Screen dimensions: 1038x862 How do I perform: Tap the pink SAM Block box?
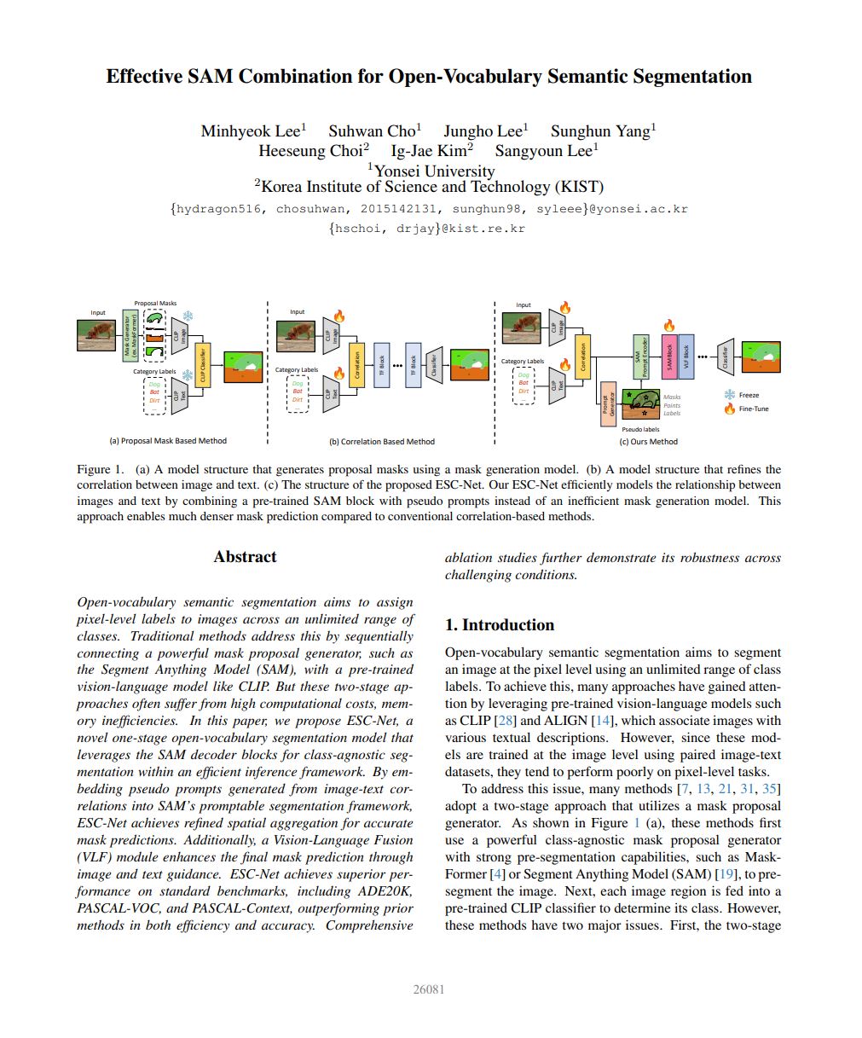pos(669,357)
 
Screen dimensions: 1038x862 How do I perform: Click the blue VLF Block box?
pos(686,357)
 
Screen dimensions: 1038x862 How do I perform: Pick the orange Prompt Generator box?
pos(608,403)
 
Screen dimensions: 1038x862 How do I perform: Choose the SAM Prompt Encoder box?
pos(643,357)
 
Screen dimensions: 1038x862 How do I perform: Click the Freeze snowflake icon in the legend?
pos(729,395)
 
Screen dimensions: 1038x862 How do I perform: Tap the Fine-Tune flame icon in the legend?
pos(729,409)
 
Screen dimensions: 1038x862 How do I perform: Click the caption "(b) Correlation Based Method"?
pos(381,442)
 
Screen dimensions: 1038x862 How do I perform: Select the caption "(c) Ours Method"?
pos(648,442)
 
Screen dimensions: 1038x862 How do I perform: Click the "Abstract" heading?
pos(245,557)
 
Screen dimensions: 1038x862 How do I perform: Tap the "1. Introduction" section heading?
pos(500,625)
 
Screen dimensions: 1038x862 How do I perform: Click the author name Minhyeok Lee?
pos(251,131)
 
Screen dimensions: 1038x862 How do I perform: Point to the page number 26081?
pos(429,989)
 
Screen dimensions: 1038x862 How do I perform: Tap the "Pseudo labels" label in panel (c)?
pos(640,429)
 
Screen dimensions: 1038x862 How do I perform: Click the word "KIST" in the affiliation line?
pos(577,187)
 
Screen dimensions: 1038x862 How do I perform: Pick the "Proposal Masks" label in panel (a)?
pos(155,304)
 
